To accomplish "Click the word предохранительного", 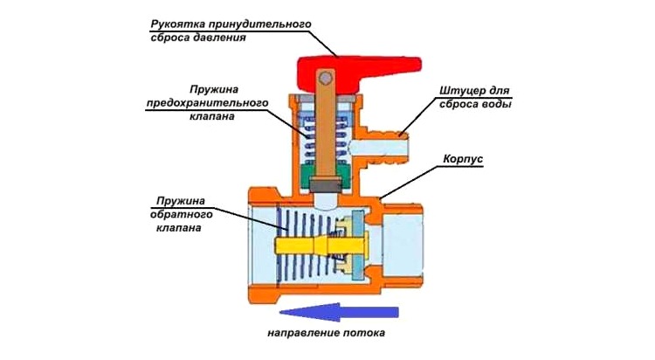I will (x=197, y=105).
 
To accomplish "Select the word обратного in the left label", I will (x=176, y=214).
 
